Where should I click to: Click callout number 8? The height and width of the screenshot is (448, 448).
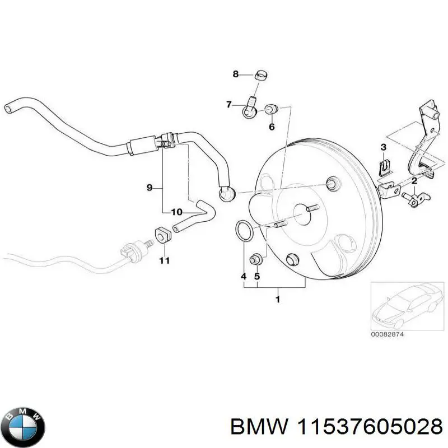point(236,74)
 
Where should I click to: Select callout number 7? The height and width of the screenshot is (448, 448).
point(228,104)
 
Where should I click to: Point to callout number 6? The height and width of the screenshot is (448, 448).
point(272,127)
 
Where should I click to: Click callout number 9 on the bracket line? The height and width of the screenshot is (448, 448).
point(150,188)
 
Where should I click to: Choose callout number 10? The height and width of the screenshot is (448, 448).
point(176,212)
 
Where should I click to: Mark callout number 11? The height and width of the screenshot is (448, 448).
point(164,260)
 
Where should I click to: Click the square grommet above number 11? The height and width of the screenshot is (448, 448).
point(162,236)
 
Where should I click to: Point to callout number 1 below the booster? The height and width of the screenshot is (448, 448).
point(277,300)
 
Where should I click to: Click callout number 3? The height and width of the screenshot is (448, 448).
point(384,147)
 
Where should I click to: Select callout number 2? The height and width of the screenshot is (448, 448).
point(414,181)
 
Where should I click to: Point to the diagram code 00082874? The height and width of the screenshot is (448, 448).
point(388,334)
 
